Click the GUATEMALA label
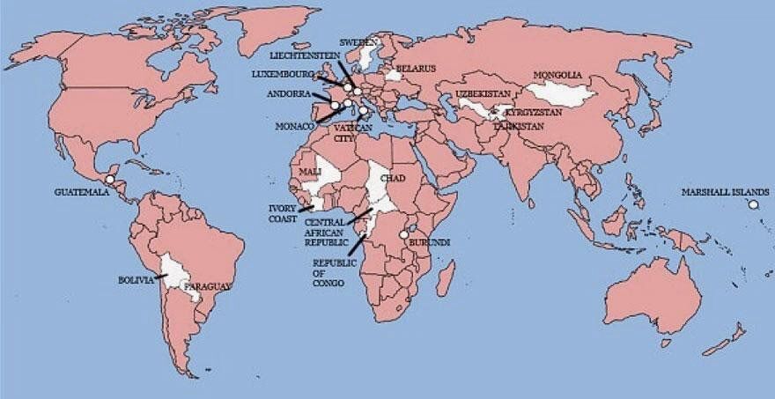pos(81,191)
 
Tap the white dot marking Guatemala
pos(109,179)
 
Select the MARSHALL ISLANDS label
pos(725,191)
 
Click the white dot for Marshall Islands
pos(754,205)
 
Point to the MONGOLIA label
pos(557,75)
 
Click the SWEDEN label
pos(359,41)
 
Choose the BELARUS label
pos(416,68)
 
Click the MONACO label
pos(296,127)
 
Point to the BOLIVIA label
pos(136,280)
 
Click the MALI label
pos(310,171)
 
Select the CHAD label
pos(392,179)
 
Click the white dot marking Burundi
pos(404,235)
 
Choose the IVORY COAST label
pos(283,213)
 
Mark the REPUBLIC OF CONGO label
pos(331,272)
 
